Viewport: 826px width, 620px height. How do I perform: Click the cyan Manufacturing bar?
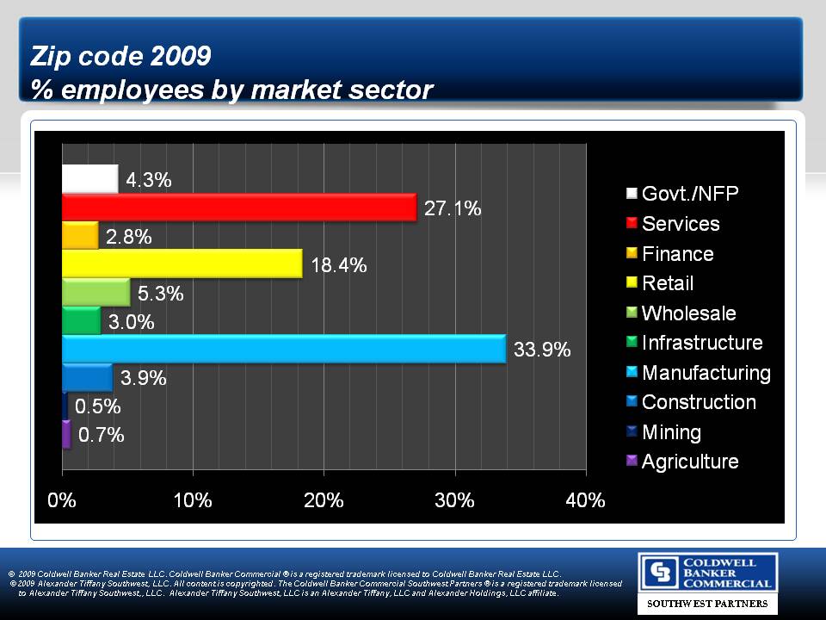(283, 349)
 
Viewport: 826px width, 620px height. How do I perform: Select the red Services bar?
(238, 208)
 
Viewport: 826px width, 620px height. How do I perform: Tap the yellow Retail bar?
(182, 263)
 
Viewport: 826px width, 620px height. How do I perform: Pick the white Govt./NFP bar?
(89, 179)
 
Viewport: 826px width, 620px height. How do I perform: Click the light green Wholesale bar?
(96, 292)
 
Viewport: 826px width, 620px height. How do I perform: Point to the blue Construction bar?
(87, 377)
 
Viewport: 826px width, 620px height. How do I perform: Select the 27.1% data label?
(453, 208)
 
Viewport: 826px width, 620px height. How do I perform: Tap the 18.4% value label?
(339, 265)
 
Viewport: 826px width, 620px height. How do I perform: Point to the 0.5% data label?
(98, 406)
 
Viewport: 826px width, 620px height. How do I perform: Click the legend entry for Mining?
(671, 432)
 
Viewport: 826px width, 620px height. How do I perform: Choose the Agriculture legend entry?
(689, 462)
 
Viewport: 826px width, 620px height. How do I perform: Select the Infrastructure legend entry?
(701, 343)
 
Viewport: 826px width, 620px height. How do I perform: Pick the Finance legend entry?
(677, 254)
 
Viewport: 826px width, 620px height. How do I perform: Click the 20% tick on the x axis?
(324, 501)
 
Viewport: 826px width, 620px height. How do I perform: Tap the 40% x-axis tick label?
(585, 501)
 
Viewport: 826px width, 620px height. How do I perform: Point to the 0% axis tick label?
(62, 501)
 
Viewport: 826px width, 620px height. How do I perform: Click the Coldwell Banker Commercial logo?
(706, 573)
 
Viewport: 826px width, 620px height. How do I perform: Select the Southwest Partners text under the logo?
(706, 604)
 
